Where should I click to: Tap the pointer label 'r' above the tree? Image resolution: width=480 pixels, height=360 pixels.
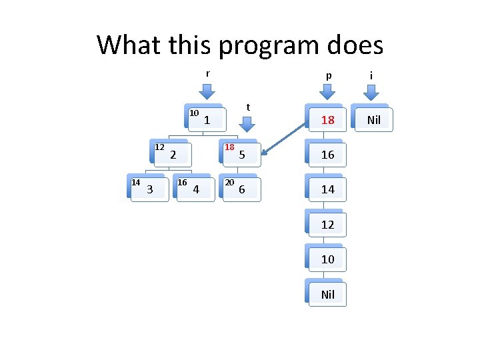[x=207, y=73]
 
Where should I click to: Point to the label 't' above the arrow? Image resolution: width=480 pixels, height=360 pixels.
[x=248, y=107]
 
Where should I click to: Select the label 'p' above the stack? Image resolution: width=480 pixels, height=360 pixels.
[x=328, y=76]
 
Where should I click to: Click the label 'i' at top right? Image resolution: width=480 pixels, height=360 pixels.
[x=371, y=76]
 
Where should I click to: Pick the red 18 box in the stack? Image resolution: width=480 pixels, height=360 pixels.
[x=327, y=120]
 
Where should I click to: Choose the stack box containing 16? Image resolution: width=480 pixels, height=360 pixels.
[x=327, y=155]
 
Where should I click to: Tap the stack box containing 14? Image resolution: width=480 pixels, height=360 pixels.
[x=327, y=189]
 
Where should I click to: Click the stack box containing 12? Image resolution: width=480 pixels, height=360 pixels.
[x=327, y=225]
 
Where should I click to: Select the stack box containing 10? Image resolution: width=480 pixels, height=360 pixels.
[x=327, y=259]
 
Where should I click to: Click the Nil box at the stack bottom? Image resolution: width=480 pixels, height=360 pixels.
[x=327, y=294]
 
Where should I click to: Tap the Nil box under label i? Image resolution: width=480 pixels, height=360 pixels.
[x=371, y=120]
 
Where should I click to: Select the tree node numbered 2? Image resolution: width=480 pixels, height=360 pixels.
[x=173, y=155]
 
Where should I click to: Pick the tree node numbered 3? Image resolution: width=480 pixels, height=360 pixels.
[x=149, y=189]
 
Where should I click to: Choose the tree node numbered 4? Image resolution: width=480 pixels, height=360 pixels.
[x=195, y=189]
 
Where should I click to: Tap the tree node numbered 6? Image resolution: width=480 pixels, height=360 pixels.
[x=241, y=189]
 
